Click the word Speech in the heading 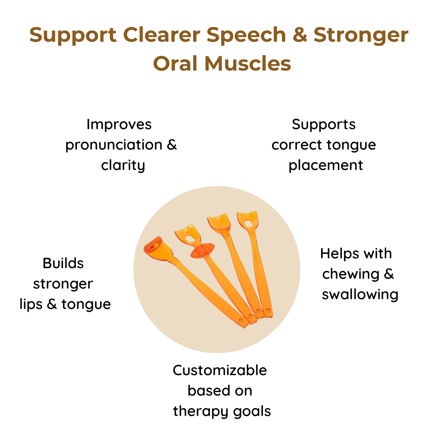246,36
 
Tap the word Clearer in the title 162,35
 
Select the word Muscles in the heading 248,63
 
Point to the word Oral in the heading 175,63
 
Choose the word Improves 119,125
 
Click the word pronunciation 114,145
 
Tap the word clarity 123,166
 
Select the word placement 325,166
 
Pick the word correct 297,145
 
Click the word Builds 63,263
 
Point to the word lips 31,305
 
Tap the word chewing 351,274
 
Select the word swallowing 360,295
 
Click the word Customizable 220,370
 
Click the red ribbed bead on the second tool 202,250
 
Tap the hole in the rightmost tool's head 248,224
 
